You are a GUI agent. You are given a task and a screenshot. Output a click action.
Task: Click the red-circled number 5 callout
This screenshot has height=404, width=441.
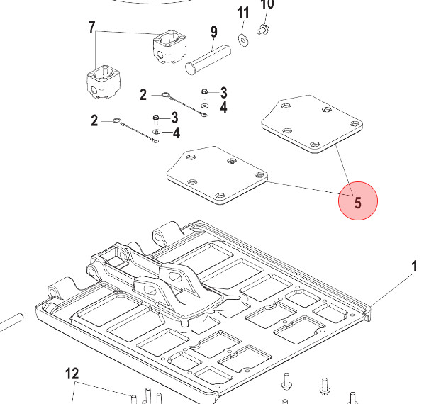358,201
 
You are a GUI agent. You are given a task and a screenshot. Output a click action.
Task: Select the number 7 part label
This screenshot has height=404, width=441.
91,28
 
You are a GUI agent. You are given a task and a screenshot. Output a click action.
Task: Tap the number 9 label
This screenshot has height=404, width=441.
213,32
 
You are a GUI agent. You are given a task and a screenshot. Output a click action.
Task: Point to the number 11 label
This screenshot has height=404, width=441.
243,13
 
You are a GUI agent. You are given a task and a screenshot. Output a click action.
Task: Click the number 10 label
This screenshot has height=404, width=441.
267,4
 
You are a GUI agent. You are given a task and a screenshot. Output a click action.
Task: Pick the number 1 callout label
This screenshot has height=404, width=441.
415,266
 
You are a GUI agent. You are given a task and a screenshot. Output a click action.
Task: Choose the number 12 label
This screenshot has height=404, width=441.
72,374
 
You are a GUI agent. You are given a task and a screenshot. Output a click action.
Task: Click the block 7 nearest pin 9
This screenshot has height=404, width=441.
169,46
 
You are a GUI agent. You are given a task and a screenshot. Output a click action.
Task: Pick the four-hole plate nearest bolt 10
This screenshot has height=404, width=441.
311,125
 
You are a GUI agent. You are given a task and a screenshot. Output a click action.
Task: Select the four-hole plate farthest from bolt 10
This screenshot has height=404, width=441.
216,175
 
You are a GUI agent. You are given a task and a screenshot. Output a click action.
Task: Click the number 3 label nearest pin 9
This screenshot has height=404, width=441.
223,93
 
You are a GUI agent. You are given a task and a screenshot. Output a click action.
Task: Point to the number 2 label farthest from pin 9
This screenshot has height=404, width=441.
94,120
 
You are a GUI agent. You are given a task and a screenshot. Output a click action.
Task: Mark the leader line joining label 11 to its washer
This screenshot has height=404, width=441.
243,28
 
